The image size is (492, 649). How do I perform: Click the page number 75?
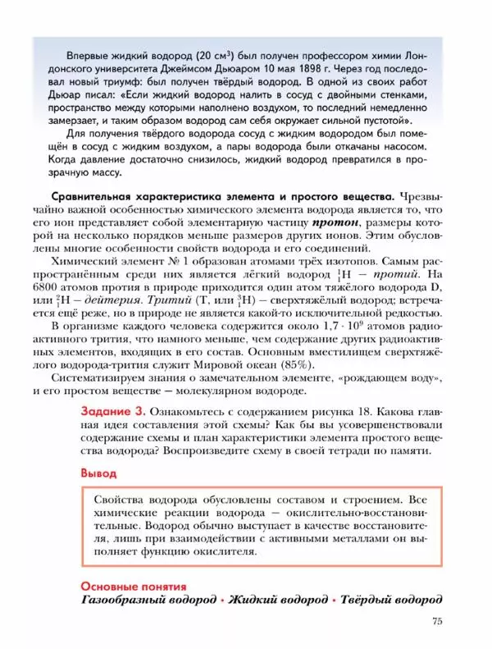pyautogui.click(x=436, y=622)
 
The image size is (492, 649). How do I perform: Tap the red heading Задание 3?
pyautogui.click(x=113, y=411)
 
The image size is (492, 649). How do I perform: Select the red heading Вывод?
pyautogui.click(x=98, y=473)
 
